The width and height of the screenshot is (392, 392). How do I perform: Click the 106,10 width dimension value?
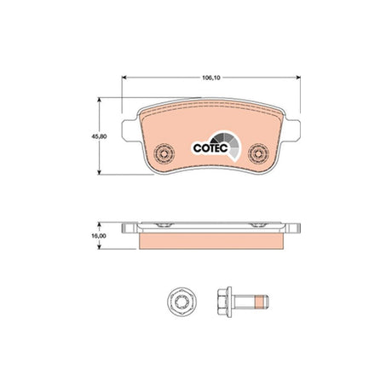tap(211, 78)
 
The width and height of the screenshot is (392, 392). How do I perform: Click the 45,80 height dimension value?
tap(99, 136)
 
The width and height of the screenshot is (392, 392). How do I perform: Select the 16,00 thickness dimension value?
tap(99, 236)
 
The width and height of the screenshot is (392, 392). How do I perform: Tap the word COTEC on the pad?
tap(210, 148)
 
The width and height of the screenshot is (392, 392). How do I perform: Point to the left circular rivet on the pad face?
tap(164, 153)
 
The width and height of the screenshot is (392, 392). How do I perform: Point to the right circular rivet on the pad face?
tap(258, 153)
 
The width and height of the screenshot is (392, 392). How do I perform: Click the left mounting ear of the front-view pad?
tap(131, 130)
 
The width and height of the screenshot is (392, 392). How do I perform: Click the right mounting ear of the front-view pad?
tap(291, 130)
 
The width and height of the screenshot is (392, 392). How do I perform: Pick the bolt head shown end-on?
tap(182, 302)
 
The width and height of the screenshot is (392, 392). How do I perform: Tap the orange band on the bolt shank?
tap(258, 302)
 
